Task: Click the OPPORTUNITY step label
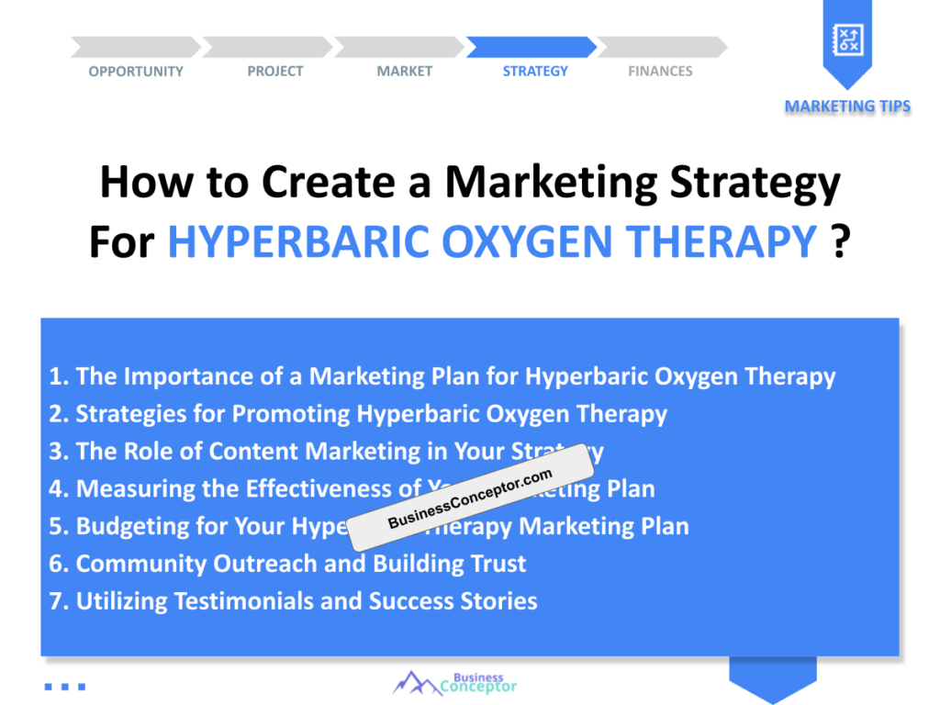pos(136,72)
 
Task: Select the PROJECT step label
pos(274,72)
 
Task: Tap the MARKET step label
pos(404,72)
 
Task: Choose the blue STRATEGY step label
pos(535,72)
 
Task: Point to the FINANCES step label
pos(660,72)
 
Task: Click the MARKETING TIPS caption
pos(847,106)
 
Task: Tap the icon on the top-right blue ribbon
pos(846,39)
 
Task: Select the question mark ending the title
pos(838,242)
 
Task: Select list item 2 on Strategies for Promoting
pos(358,414)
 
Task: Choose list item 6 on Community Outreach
pos(287,564)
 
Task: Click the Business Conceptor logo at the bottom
pos(455,683)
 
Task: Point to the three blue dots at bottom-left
pos(64,686)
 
